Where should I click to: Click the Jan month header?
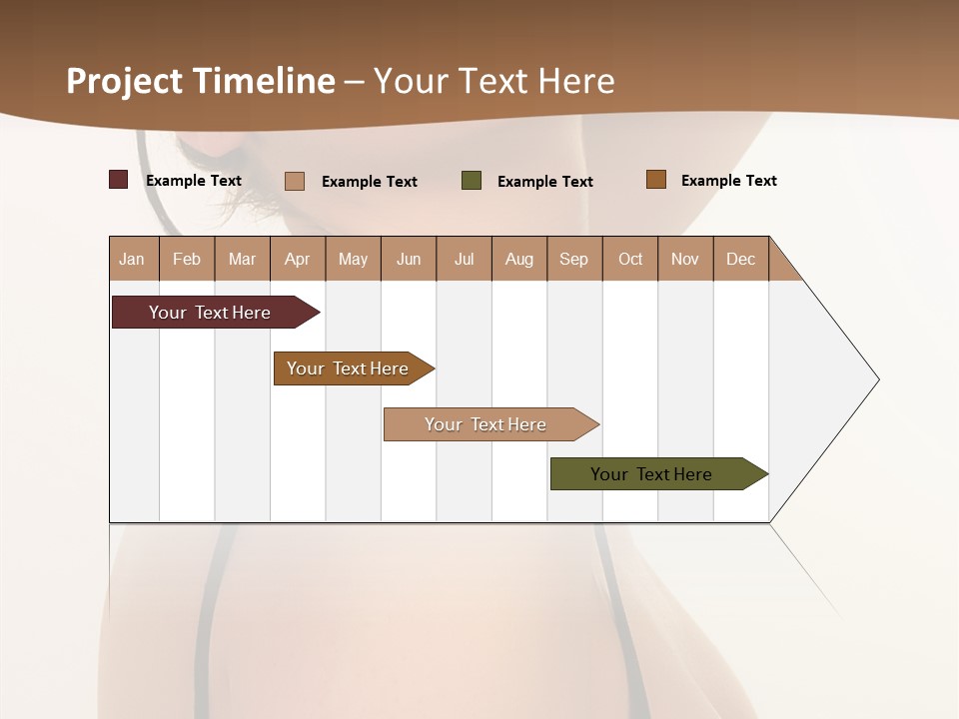click(133, 259)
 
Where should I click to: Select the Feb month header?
click(187, 259)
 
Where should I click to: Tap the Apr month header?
click(298, 259)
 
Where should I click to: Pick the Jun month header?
click(409, 259)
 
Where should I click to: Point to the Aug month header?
click(519, 259)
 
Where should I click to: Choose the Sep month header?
click(574, 259)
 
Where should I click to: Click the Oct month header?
click(630, 259)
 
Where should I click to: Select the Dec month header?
click(741, 259)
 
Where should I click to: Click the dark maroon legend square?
click(119, 180)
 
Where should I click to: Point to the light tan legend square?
click(295, 181)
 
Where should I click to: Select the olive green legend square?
click(472, 181)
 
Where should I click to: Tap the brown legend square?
click(655, 180)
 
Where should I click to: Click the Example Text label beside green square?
click(545, 182)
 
